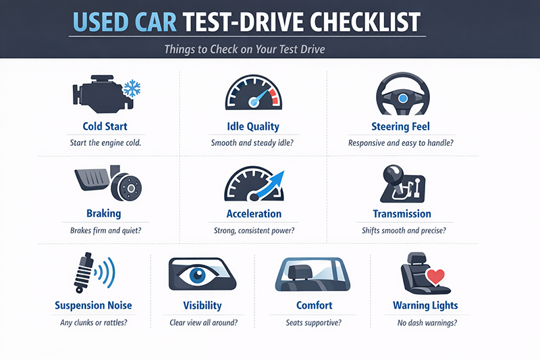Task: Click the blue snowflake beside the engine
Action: pos(132,88)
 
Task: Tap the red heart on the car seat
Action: pos(435,277)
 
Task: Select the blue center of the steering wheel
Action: pos(402,99)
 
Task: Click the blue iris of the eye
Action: pos(197,275)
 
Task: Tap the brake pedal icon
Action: pos(92,179)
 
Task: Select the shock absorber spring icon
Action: pos(84,273)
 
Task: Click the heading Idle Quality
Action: pos(253,127)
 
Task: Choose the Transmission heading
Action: pos(402,214)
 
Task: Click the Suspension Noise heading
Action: pos(93,305)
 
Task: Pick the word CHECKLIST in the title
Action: pos(365,22)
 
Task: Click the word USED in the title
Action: pos(101,22)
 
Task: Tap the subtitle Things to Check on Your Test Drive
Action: pos(244,49)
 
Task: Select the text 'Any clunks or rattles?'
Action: pos(94,323)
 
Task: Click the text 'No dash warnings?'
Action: pos(427,323)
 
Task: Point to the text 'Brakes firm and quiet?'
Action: pos(106,230)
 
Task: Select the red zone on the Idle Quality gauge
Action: pos(274,97)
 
